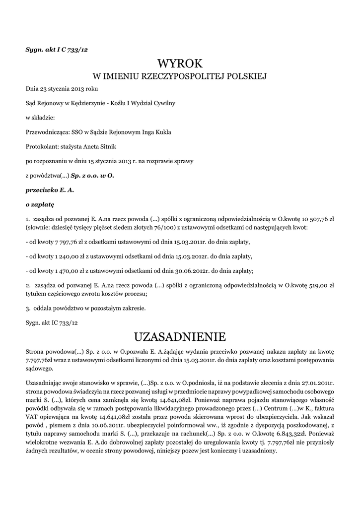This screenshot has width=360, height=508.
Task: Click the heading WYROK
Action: click(x=180, y=64)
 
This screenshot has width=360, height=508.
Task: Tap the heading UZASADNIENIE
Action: click(x=180, y=337)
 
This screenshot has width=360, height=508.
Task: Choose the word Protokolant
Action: click(x=41, y=147)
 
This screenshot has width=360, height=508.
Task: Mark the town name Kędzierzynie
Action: click(x=85, y=103)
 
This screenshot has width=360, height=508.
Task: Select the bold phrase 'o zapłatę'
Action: click(x=40, y=204)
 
